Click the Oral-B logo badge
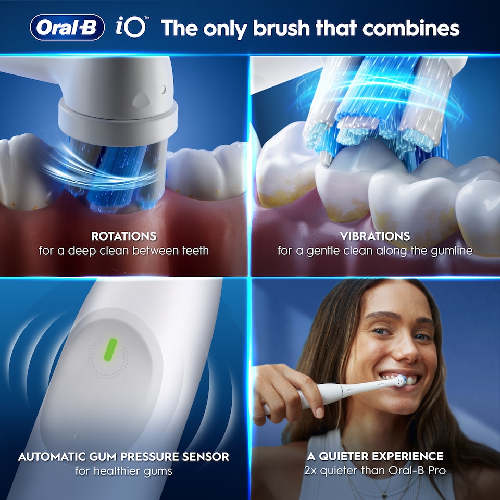tap(67, 28)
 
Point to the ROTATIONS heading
tap(123, 236)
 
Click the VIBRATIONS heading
tap(375, 236)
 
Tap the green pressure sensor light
tap(111, 349)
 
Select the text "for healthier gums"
tap(123, 471)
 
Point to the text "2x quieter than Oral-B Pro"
tap(375, 471)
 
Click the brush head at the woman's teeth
tap(399, 381)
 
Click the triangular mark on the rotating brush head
tap(141, 97)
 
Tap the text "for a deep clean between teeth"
tap(123, 251)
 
